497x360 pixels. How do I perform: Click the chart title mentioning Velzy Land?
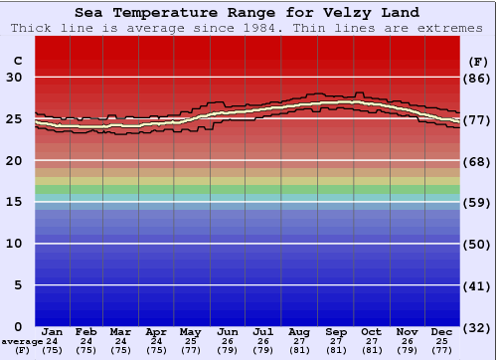tap(247, 13)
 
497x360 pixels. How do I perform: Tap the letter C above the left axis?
tap(16, 61)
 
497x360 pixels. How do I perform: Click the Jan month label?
tap(53, 332)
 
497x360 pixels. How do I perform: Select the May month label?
tap(189, 332)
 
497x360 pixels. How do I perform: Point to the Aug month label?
tap(299, 332)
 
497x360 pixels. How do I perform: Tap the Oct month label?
tap(371, 332)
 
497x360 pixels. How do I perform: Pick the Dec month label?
tap(442, 332)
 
